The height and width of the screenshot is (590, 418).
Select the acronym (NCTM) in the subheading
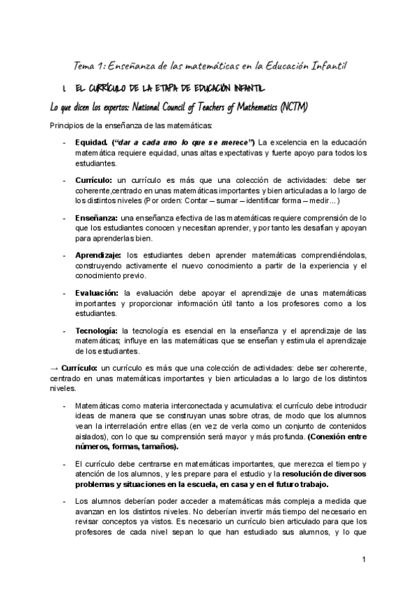click(292, 106)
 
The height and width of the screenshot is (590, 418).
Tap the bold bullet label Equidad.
click(91, 143)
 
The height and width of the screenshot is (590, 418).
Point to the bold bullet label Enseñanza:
click(96, 218)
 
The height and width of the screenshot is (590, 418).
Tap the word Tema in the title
click(86, 65)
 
